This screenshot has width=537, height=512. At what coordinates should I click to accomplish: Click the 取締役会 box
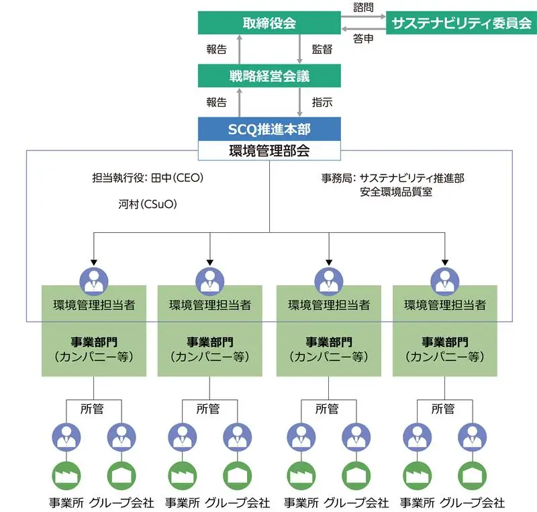pyautogui.click(x=268, y=23)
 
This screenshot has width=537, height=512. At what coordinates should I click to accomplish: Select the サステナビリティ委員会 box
pyautogui.click(x=462, y=23)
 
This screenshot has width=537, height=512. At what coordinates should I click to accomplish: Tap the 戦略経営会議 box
pyautogui.click(x=268, y=76)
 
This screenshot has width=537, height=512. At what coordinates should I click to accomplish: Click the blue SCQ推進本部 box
pyautogui.click(x=268, y=128)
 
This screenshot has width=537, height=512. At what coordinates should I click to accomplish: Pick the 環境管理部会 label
pyautogui.click(x=268, y=150)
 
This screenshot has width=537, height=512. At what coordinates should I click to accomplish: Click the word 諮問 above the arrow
pyautogui.click(x=363, y=8)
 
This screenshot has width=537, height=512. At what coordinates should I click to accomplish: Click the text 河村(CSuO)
pyautogui.click(x=147, y=205)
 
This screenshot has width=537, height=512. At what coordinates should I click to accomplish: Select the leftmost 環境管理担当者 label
pyautogui.click(x=94, y=305)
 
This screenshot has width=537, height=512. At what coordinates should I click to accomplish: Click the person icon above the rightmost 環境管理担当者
pyautogui.click(x=445, y=280)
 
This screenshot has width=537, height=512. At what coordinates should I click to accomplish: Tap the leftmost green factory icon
pyautogui.click(x=66, y=475)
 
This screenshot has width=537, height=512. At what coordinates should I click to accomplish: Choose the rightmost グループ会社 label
pyautogui.click(x=472, y=503)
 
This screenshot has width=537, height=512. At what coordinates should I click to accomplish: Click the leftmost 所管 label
pyautogui.click(x=95, y=408)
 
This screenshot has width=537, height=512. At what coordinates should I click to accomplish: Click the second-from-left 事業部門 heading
pyautogui.click(x=210, y=342)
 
